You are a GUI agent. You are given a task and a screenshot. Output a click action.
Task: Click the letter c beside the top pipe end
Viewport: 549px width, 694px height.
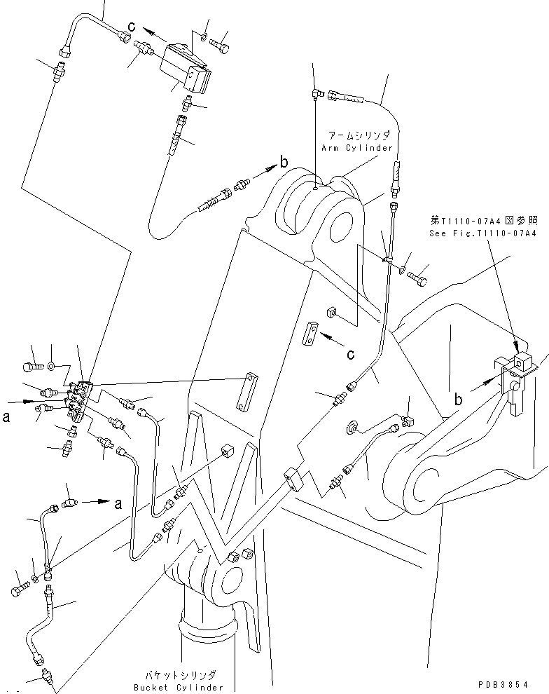click(x=131, y=27)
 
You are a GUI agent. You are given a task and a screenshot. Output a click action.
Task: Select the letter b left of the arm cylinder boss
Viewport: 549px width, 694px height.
click(x=283, y=163)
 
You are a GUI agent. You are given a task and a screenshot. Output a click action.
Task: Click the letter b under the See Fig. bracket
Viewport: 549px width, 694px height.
click(x=459, y=400)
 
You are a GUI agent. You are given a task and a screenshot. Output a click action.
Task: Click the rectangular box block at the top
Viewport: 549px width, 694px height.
click(x=186, y=68)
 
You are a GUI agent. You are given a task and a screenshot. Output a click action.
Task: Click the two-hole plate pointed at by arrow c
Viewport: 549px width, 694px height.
click(x=312, y=334)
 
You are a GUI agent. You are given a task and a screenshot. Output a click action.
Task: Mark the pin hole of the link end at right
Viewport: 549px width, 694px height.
click(x=424, y=487)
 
